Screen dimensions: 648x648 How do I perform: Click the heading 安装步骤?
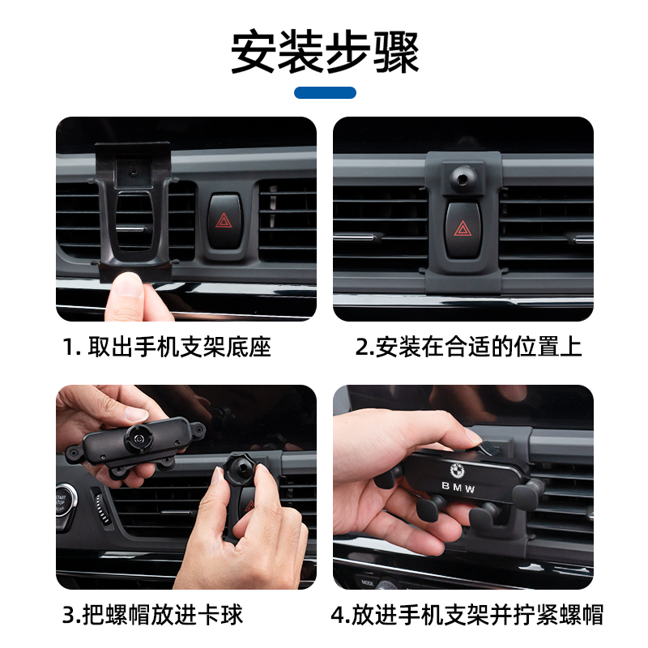(325, 52)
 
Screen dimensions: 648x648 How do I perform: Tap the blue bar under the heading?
(325, 92)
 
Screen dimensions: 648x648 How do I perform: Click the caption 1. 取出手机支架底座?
(167, 347)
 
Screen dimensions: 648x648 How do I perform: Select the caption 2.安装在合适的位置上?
(468, 347)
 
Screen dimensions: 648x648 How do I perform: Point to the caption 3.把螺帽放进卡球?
(152, 615)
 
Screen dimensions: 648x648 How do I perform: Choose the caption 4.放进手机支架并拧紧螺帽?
(467, 615)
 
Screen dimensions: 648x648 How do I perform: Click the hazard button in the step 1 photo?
(224, 221)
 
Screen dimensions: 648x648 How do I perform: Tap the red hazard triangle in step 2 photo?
(463, 228)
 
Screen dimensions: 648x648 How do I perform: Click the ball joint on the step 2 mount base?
(463, 177)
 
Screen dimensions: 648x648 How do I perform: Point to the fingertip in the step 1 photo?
(128, 285)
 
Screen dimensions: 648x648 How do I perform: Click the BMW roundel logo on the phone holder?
(458, 471)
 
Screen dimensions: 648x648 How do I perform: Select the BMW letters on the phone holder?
(458, 488)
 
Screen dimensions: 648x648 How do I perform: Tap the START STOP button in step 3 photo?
(63, 503)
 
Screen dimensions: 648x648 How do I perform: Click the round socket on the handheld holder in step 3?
(139, 437)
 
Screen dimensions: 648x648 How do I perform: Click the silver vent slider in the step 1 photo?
(130, 228)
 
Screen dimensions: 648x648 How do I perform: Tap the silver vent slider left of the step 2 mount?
(355, 237)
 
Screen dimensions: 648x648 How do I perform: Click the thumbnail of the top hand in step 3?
(135, 413)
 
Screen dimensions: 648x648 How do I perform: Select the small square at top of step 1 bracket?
(133, 172)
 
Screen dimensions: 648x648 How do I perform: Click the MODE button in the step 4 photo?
(368, 582)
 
